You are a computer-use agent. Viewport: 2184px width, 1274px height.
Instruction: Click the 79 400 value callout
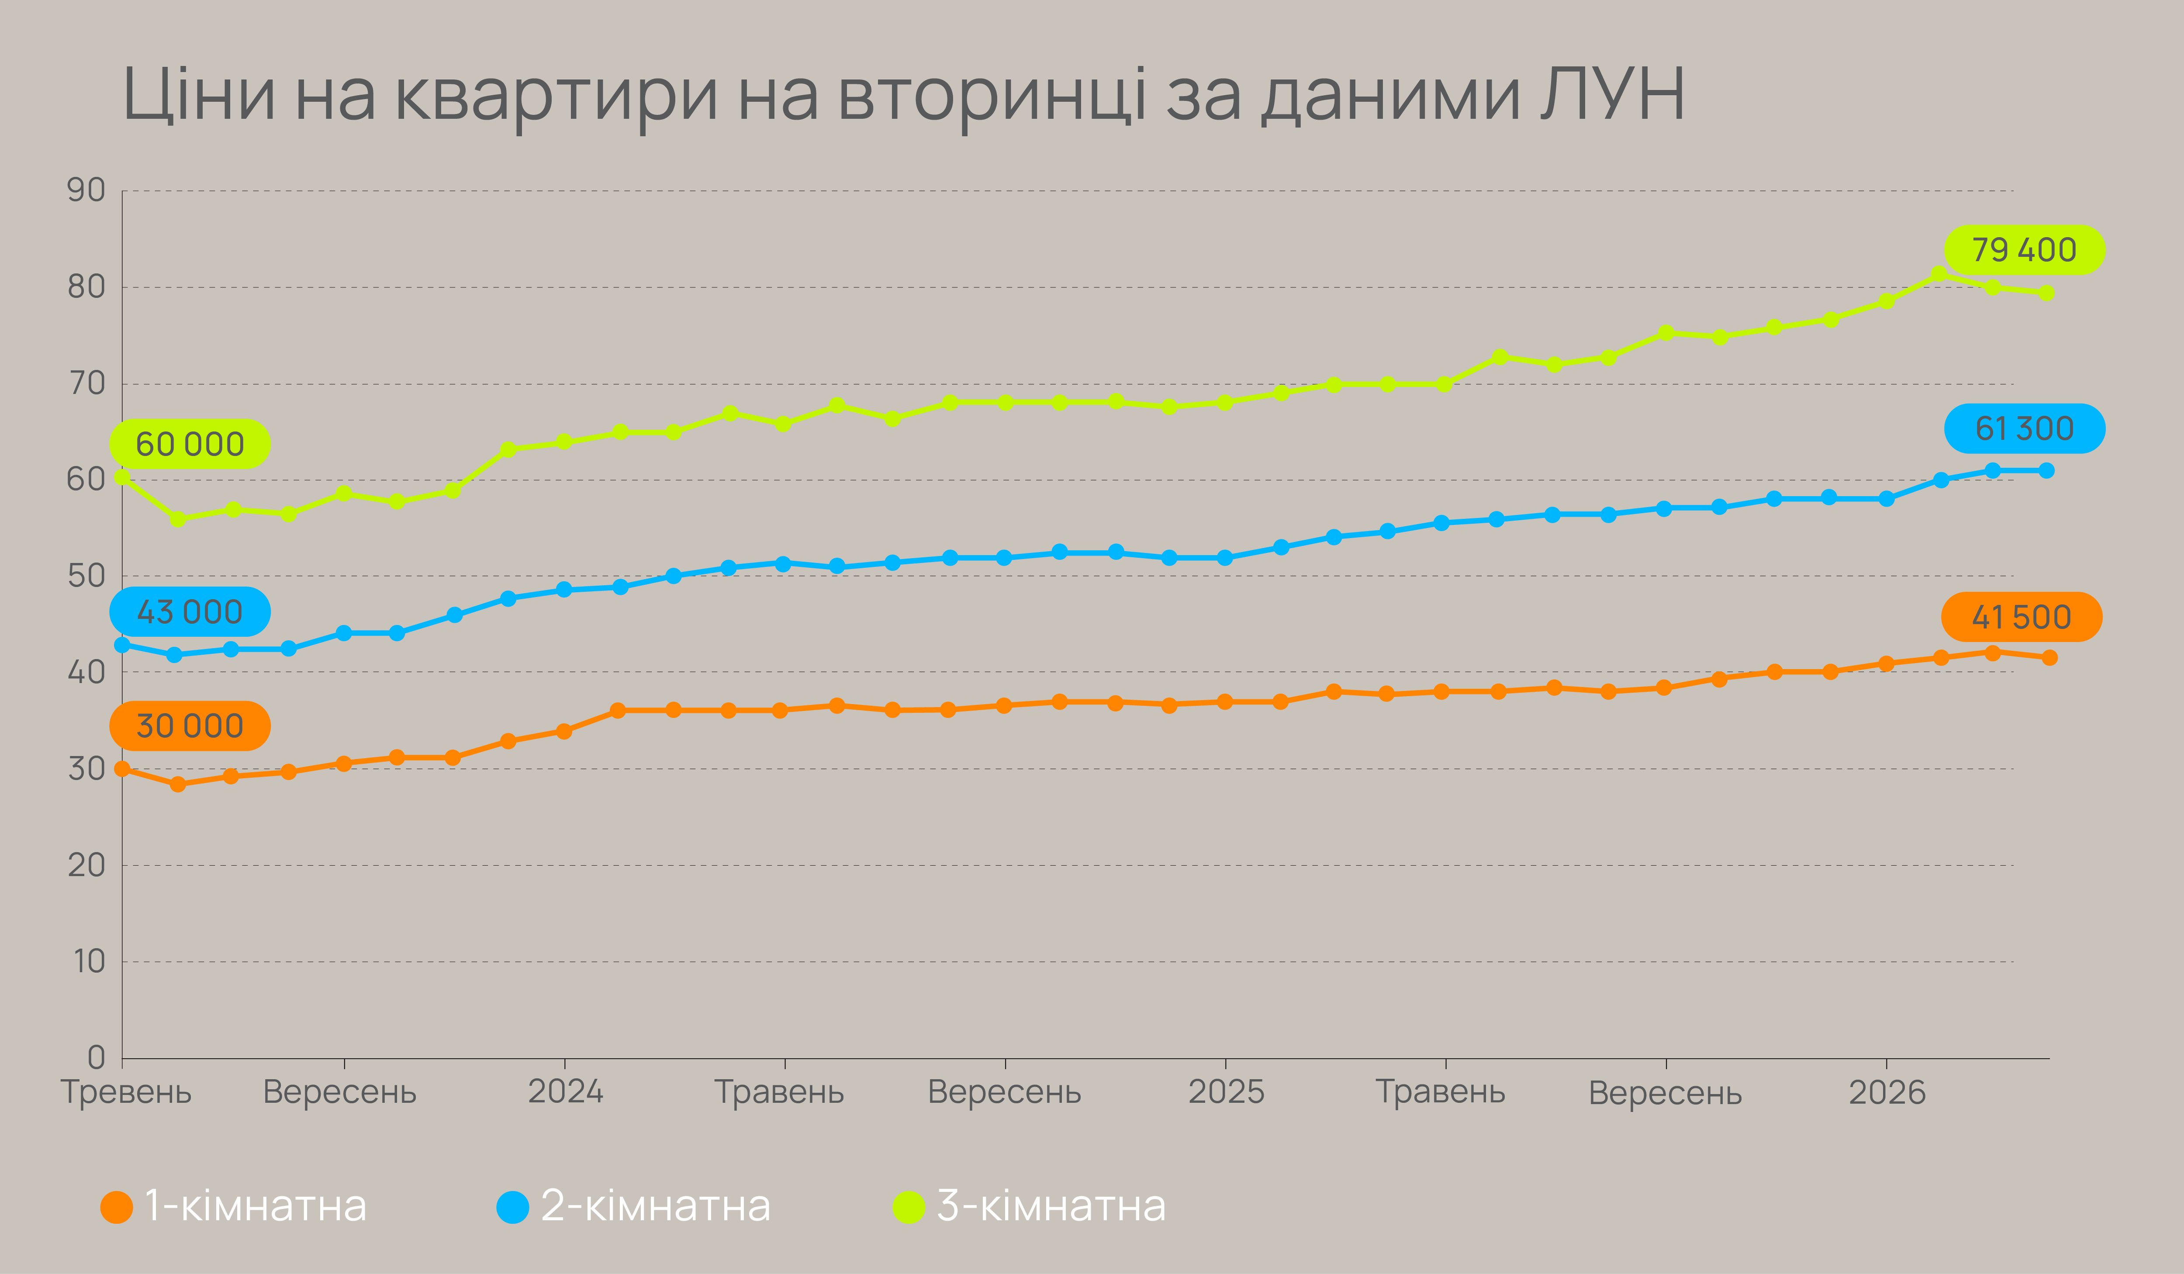[2024, 249]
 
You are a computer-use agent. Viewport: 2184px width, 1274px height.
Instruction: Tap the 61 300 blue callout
[2024, 428]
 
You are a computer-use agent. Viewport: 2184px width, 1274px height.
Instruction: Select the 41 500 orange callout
[2021, 617]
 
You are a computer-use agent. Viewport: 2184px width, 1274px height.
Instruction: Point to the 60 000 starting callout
[190, 444]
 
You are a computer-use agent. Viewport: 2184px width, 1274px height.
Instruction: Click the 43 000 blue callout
[190, 612]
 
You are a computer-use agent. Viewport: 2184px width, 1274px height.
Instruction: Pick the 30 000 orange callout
[190, 725]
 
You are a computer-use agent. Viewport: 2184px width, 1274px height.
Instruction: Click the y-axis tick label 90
[86, 190]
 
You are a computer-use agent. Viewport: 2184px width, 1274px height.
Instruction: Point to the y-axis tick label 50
[86, 576]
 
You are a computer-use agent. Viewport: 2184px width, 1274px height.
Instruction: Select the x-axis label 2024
[565, 1091]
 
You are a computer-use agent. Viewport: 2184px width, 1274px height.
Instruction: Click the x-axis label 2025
[1226, 1091]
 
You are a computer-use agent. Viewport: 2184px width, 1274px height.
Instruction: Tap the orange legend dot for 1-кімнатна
[116, 1206]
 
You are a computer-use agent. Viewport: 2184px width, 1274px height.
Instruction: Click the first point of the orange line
[122, 769]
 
